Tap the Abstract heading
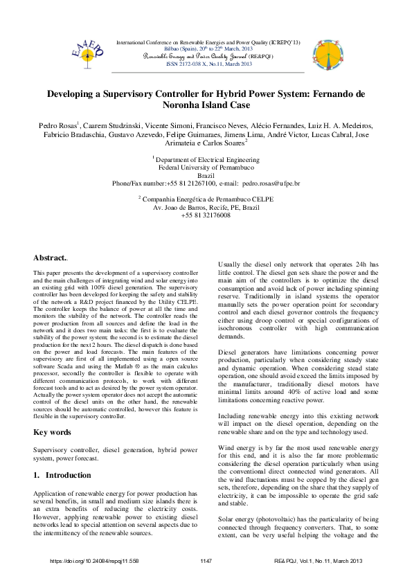pos(51,258)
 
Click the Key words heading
pos(52,432)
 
